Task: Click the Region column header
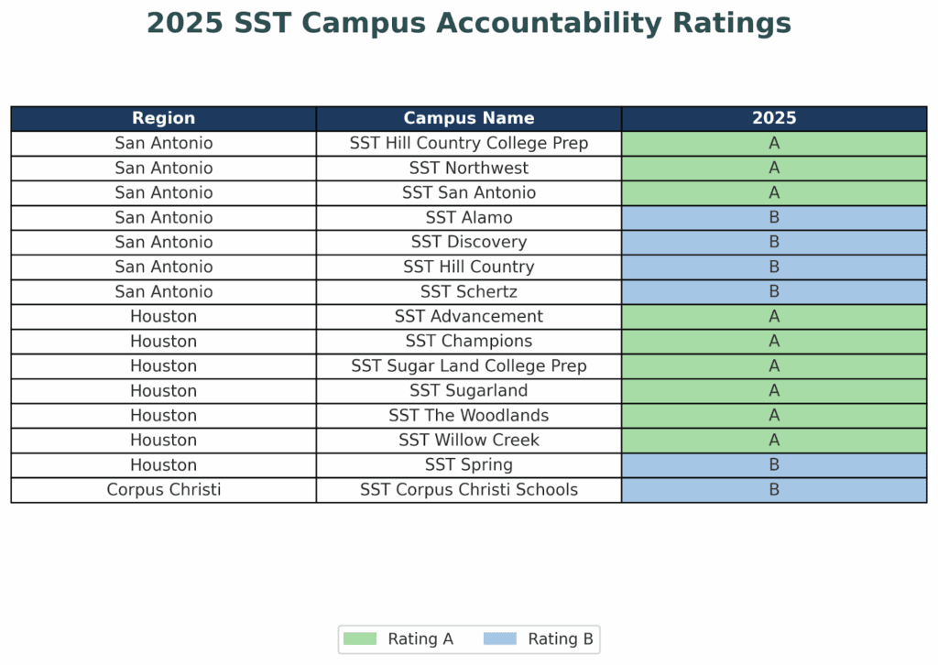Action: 163,118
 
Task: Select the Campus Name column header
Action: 468,118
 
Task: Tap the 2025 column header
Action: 774,118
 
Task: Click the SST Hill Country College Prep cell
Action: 468,143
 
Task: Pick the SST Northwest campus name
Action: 468,168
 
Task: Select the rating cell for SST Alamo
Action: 774,217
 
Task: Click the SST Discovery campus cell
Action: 468,242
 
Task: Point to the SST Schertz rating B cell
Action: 774,291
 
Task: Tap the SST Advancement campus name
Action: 468,316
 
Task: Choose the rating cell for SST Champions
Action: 774,341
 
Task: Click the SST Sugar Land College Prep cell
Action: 468,365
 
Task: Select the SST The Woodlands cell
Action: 468,415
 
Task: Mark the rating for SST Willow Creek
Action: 774,440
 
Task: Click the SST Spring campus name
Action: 468,464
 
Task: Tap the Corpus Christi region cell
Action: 163,489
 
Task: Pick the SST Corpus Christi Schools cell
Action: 468,489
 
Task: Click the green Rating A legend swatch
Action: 359,638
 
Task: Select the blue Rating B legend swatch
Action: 499,638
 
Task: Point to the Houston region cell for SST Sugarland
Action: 163,390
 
